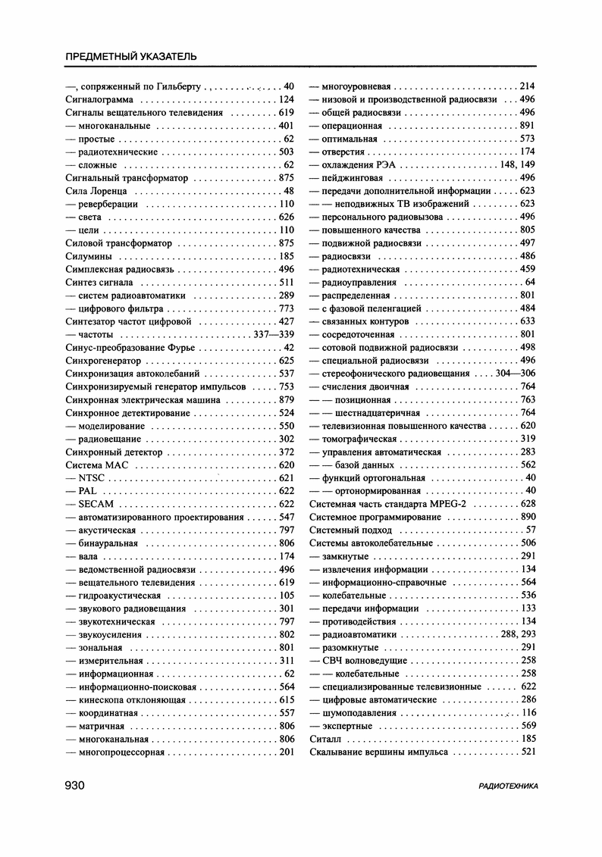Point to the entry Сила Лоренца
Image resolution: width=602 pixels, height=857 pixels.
96,191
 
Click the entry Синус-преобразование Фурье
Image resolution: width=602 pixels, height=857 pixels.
130,347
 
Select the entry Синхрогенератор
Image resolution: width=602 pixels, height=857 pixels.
103,361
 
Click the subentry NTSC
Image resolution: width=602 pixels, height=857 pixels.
91,478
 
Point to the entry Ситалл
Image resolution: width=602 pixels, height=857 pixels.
326,738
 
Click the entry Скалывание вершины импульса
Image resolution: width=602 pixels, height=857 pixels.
379,752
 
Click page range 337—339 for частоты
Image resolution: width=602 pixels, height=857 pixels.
274,334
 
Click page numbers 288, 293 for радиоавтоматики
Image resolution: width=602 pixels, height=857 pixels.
518,634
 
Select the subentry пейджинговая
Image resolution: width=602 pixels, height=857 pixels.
351,177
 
